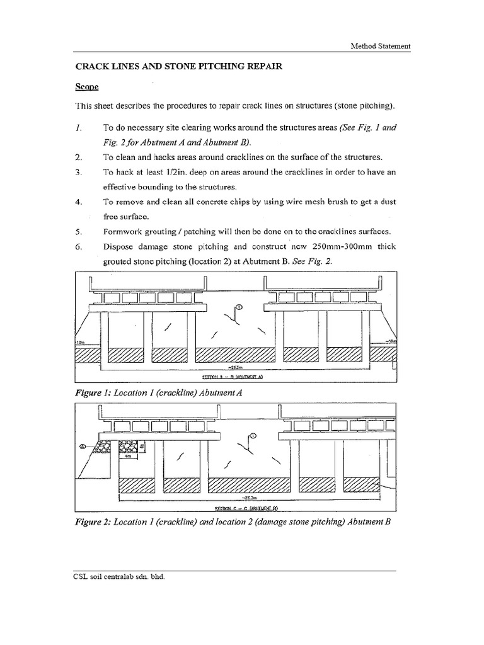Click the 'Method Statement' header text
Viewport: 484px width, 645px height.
point(381,46)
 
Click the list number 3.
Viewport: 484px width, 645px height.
point(79,172)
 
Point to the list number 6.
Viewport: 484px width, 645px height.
point(79,248)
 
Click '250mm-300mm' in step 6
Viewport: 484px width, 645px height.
point(337,248)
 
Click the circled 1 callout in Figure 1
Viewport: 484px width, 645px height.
point(239,307)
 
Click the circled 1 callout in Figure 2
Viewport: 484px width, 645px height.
point(253,435)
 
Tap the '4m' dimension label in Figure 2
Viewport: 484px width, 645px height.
point(128,458)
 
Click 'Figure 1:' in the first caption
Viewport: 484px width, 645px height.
point(94,392)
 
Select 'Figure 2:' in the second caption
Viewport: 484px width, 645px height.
point(94,520)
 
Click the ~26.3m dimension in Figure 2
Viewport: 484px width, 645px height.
point(250,497)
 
